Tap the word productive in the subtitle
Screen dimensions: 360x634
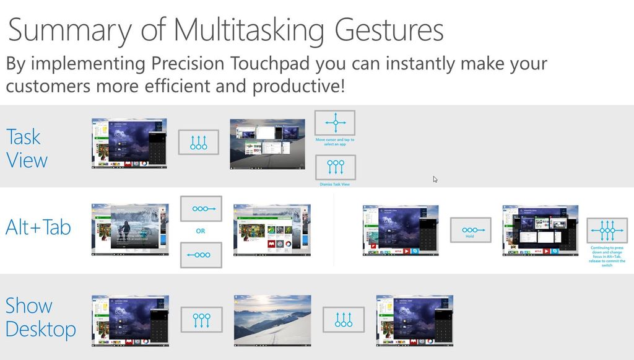[x=297, y=86]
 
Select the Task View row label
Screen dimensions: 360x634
[x=27, y=148]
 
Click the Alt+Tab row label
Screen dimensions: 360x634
[x=38, y=227]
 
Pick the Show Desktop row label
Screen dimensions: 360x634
[x=40, y=317]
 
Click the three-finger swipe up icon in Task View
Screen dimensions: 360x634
[x=199, y=143]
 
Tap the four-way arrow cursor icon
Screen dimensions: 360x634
[x=335, y=123]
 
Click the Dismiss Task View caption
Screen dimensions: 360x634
[x=335, y=184]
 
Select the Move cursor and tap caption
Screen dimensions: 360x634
[x=335, y=142]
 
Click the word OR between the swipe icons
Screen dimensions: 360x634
[x=201, y=231]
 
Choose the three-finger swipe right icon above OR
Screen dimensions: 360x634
[x=201, y=209]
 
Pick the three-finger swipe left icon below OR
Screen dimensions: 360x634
[x=201, y=255]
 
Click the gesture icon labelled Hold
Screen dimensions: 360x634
[x=470, y=230]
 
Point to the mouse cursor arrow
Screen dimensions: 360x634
[x=435, y=179]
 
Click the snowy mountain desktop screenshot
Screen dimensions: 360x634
[x=272, y=320]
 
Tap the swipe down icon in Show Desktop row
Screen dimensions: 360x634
[x=201, y=320]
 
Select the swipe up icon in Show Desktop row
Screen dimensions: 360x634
[x=344, y=320]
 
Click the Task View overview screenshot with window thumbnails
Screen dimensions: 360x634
[x=267, y=144]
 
